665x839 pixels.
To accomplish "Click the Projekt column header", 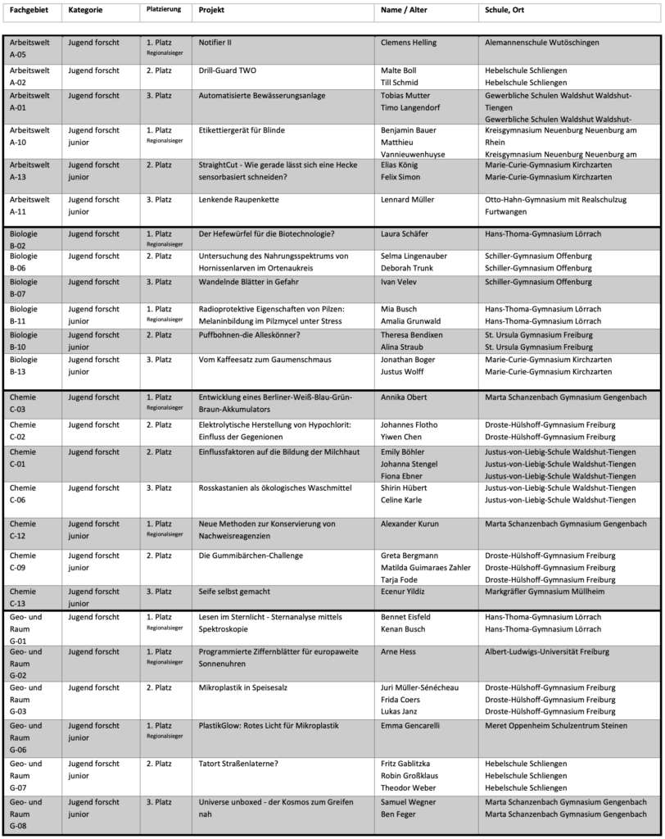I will (x=211, y=11).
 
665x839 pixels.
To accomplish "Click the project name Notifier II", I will (x=221, y=43).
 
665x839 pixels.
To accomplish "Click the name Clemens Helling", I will (x=409, y=43).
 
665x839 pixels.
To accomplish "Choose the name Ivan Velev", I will (x=400, y=282).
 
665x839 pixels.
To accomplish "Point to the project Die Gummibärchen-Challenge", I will (x=251, y=556).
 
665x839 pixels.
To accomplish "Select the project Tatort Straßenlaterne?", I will (x=238, y=764).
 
